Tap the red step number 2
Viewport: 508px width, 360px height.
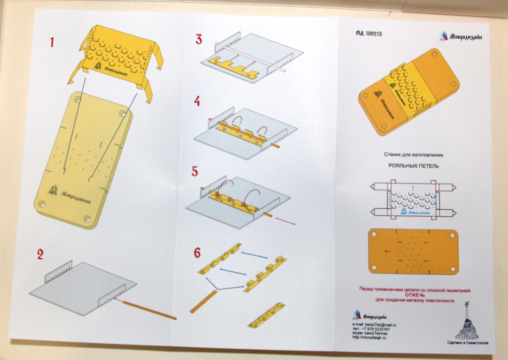click(40, 255)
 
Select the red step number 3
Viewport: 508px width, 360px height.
click(198, 39)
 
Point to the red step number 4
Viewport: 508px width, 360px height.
click(197, 101)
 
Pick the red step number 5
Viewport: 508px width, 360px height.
click(194, 172)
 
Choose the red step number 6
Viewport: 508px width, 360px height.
click(197, 253)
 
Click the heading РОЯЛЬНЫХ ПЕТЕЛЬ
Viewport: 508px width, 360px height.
click(413, 167)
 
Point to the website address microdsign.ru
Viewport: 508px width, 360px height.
click(370, 338)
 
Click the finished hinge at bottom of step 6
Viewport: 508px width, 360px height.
click(267, 314)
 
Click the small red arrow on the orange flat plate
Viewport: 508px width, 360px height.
click(387, 251)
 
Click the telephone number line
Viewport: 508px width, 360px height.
click(372, 329)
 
